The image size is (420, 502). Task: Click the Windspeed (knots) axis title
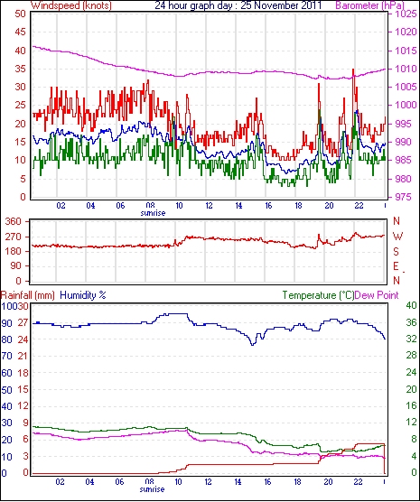tap(70, 5)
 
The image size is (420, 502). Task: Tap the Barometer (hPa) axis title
tap(370, 5)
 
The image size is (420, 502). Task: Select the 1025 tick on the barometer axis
tap(405, 14)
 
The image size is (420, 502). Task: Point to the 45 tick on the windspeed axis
tap(20, 32)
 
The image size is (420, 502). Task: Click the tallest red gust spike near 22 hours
tap(353, 70)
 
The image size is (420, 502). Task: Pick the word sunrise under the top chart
tap(153, 213)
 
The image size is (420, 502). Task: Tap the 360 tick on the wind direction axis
tap(14, 221)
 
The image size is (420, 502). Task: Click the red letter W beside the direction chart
tap(397, 237)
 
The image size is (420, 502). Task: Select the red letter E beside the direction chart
tap(397, 266)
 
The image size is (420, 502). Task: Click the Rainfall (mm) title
tap(28, 295)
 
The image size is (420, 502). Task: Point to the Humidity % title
tap(83, 295)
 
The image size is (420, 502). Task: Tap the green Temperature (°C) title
tap(318, 295)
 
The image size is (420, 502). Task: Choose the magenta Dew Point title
tap(377, 295)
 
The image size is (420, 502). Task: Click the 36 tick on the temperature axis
tap(411, 322)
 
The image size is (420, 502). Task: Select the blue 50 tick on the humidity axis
tap(6, 390)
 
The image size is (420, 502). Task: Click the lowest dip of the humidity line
tap(253, 345)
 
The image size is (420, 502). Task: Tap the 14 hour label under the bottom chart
tap(238, 481)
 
